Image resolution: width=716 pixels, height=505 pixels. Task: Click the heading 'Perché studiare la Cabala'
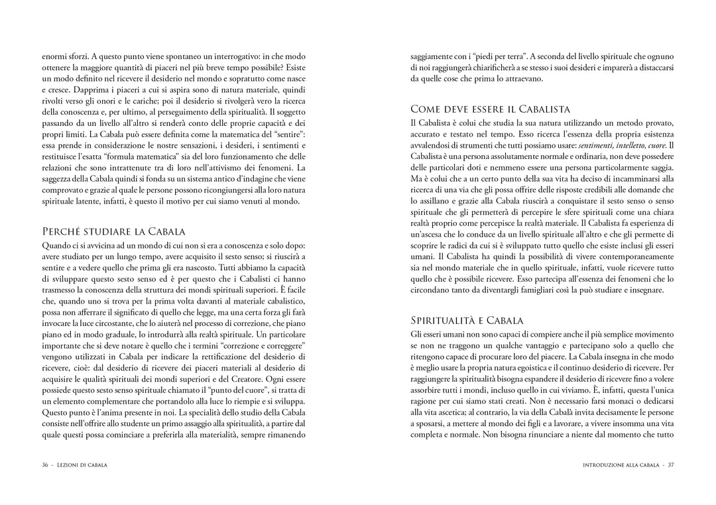pyautogui.click(x=113, y=231)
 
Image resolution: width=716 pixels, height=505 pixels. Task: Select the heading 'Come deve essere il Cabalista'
pyautogui.click(x=490, y=109)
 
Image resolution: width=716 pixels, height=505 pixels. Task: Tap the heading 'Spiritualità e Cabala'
pyautogui.click(x=467, y=321)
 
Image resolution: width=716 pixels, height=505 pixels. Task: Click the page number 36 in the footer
pyautogui.click(x=45, y=465)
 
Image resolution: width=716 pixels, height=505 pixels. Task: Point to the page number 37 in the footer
pyautogui.click(x=670, y=465)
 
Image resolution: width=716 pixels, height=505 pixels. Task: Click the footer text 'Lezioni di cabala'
pyautogui.click(x=84, y=465)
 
